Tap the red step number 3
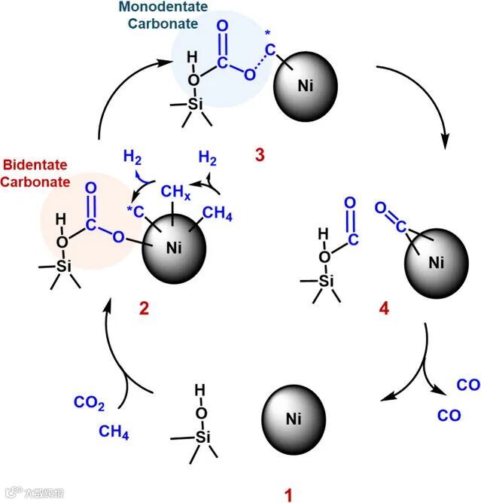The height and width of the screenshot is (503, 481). pyautogui.click(x=260, y=156)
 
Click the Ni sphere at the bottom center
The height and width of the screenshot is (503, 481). pyautogui.click(x=293, y=419)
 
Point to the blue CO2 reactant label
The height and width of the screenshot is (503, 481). pyautogui.click(x=90, y=401)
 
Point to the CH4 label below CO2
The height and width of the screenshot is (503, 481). pyautogui.click(x=114, y=432)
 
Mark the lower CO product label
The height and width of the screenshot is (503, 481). pyautogui.click(x=449, y=415)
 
